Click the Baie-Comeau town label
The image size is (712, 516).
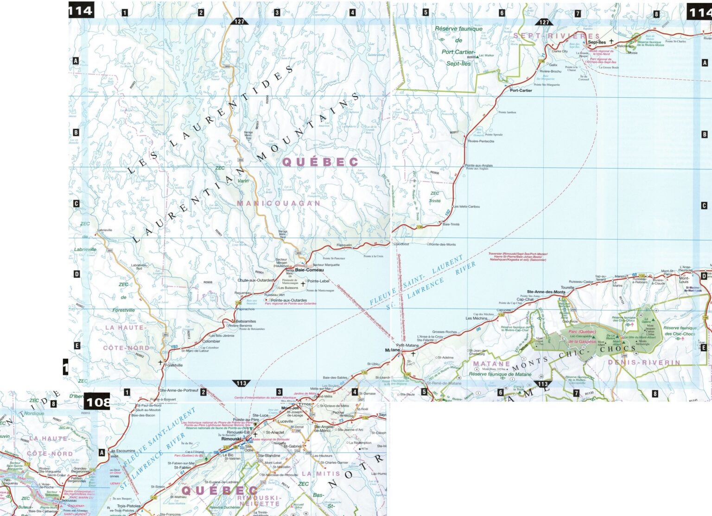click(310, 270)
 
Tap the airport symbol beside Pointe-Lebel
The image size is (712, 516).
click(303, 283)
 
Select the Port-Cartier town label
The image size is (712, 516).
click(521, 90)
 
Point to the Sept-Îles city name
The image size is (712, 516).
click(597, 42)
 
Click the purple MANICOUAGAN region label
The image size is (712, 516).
click(279, 203)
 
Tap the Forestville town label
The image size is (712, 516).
click(174, 365)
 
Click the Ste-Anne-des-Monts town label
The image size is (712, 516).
click(546, 292)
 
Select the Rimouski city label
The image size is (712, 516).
click(231, 439)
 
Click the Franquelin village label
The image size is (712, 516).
click(344, 245)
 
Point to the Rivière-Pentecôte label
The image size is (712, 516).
click(481, 141)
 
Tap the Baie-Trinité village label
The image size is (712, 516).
click(451, 224)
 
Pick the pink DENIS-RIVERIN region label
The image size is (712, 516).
click(644, 362)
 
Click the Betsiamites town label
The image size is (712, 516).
click(246, 321)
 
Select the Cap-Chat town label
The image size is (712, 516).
click(525, 299)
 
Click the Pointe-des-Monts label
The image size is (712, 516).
click(443, 244)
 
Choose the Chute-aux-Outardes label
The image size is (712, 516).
click(255, 280)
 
